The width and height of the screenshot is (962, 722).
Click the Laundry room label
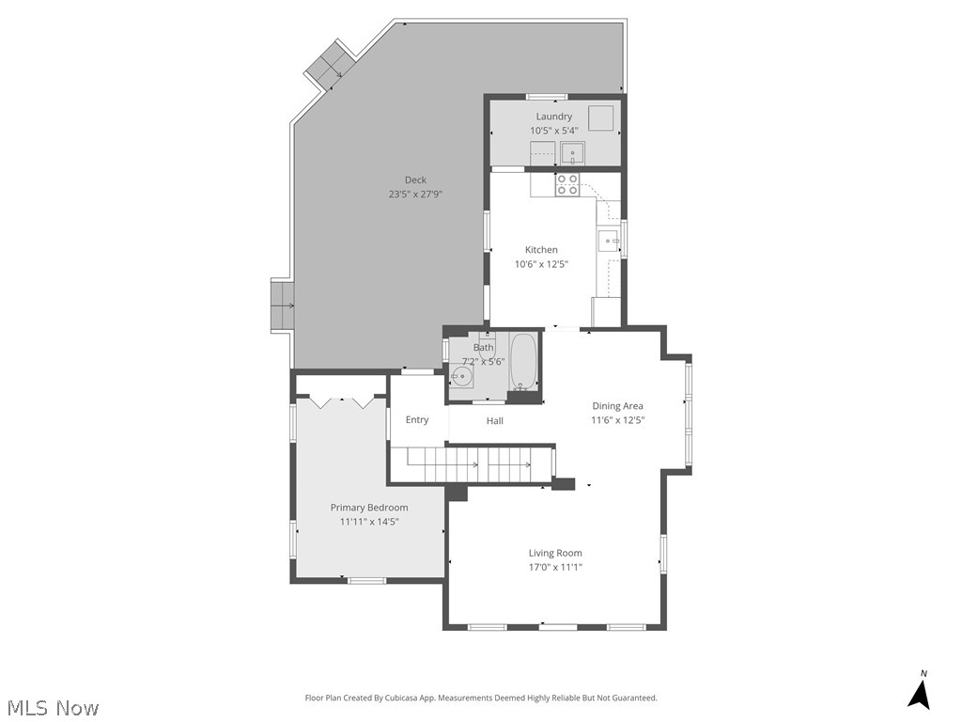pyautogui.click(x=554, y=117)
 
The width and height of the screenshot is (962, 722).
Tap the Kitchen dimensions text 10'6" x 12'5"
pyautogui.click(x=541, y=264)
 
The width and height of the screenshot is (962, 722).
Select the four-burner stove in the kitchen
pyautogui.click(x=566, y=184)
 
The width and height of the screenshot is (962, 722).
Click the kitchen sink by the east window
pyautogui.click(x=608, y=242)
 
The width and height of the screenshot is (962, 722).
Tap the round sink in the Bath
pyautogui.click(x=460, y=377)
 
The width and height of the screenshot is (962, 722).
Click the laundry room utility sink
pyautogui.click(x=572, y=152)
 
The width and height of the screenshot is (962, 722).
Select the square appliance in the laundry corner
pyautogui.click(x=601, y=118)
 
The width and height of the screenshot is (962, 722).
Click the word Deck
pyautogui.click(x=415, y=180)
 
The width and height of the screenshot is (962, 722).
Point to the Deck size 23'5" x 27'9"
pyautogui.click(x=415, y=195)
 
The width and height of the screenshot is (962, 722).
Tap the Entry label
pyautogui.click(x=417, y=420)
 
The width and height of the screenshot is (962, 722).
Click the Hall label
pyautogui.click(x=495, y=421)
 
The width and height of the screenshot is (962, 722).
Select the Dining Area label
pyautogui.click(x=617, y=406)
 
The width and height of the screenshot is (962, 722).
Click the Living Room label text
pyautogui.click(x=555, y=553)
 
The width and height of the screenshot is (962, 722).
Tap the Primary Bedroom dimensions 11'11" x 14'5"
pyautogui.click(x=369, y=522)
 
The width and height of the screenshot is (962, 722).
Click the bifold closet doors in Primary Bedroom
pyautogui.click(x=341, y=401)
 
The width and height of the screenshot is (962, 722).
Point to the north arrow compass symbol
pyautogui.click(x=920, y=692)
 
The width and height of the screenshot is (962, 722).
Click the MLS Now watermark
pyautogui.click(x=53, y=708)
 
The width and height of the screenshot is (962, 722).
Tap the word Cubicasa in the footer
pyautogui.click(x=416, y=698)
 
